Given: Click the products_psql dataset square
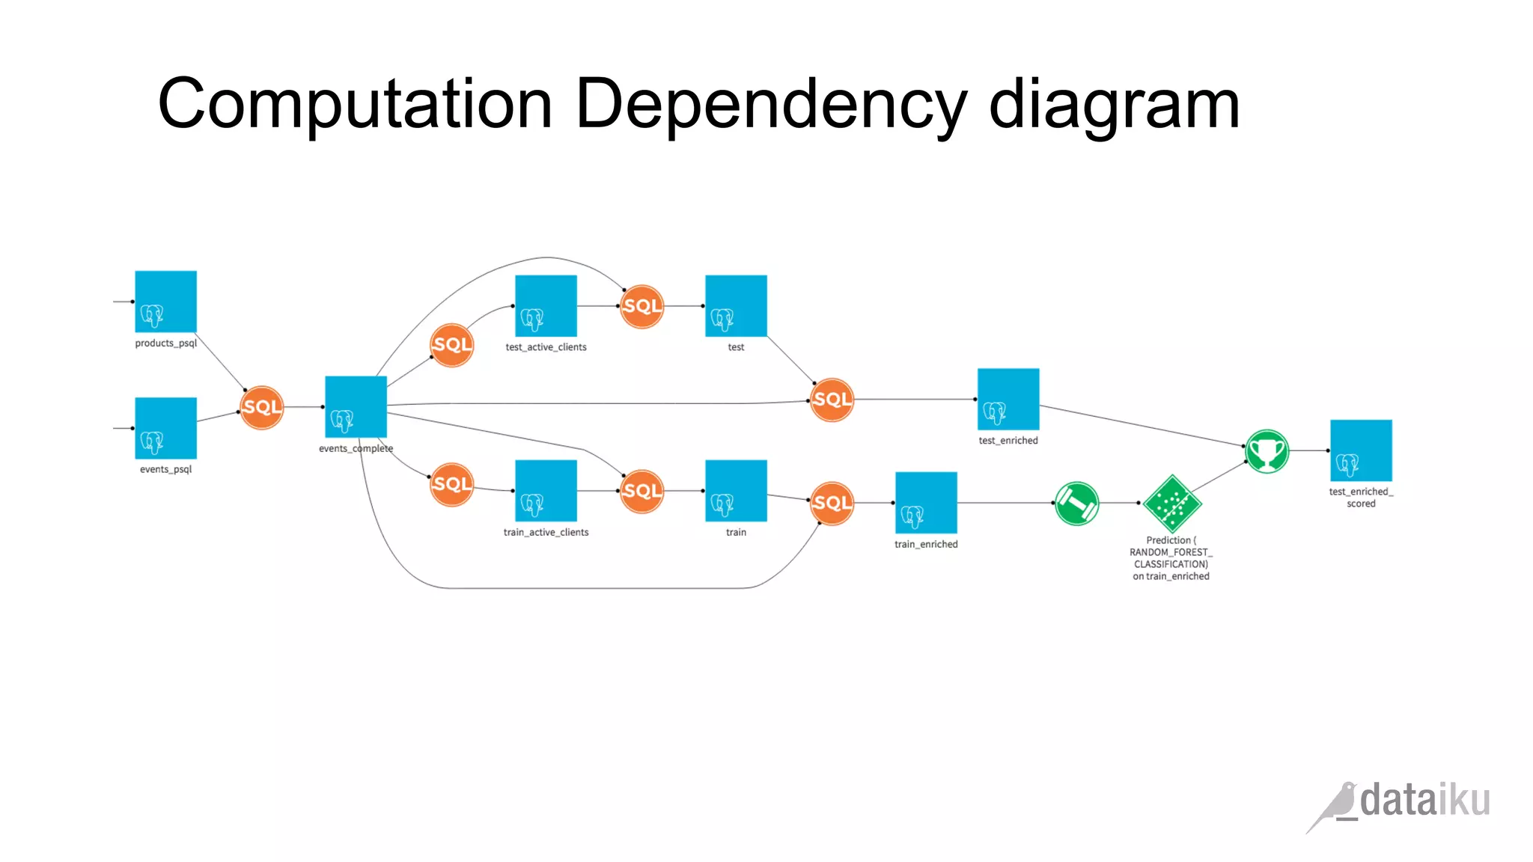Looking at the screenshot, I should click(x=165, y=302).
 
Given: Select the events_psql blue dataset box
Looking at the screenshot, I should click(x=165, y=428).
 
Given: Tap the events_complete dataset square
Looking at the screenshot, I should click(x=356, y=406).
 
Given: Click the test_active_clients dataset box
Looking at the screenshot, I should click(x=546, y=305).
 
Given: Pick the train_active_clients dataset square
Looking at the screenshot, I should click(x=546, y=491).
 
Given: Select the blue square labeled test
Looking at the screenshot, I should click(x=736, y=305).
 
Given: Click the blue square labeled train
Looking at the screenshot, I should click(x=736, y=491).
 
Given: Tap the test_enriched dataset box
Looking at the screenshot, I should click(x=1008, y=399).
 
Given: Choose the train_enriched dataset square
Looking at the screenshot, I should click(x=926, y=503).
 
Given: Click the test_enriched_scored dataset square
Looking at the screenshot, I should click(x=1361, y=450).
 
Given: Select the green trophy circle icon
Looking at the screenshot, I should click(x=1267, y=451).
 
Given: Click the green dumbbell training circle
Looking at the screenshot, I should click(x=1076, y=504).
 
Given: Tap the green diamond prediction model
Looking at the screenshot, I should click(x=1172, y=504).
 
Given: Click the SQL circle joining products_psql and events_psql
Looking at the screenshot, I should click(x=261, y=407).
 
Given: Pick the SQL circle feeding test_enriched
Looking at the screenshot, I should click(x=832, y=400).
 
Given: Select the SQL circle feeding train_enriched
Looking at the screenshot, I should click(x=832, y=503).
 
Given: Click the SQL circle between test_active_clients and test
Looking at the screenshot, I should click(x=641, y=306).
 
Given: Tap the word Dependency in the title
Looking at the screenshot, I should click(x=771, y=105).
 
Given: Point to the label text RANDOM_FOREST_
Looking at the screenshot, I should click(x=1171, y=552).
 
